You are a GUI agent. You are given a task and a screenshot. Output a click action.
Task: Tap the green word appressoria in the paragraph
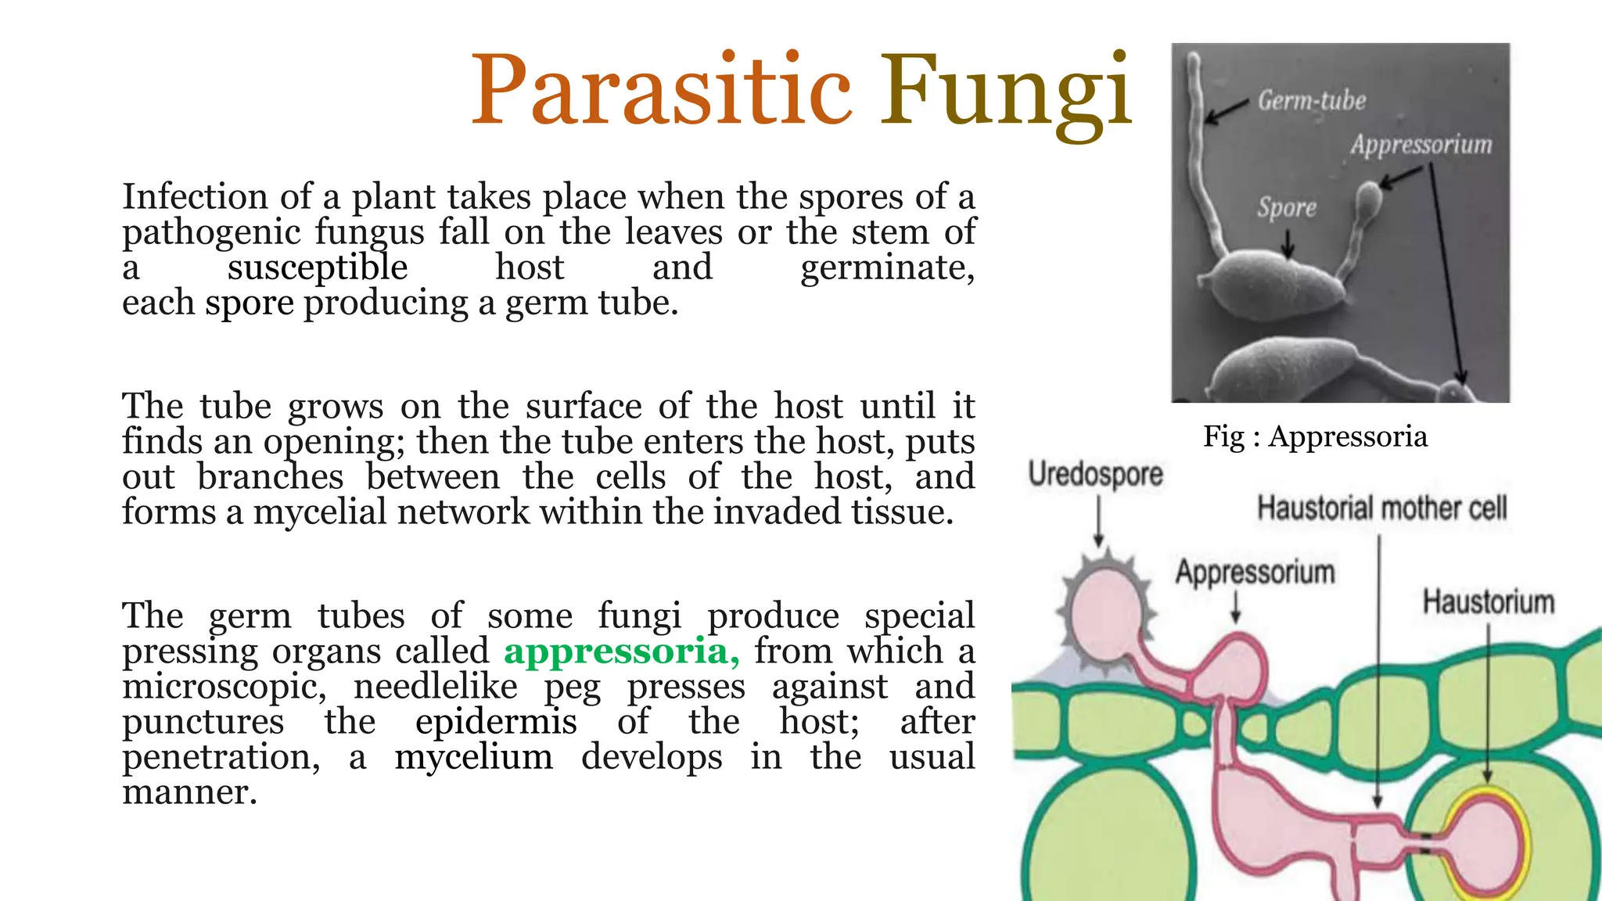(x=621, y=651)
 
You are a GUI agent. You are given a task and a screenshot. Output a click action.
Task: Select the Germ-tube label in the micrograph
(x=1312, y=101)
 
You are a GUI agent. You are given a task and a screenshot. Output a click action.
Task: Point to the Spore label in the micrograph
(x=1287, y=207)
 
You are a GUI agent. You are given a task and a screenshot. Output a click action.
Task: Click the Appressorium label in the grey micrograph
(x=1421, y=145)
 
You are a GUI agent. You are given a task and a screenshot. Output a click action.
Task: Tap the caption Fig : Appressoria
(x=1315, y=436)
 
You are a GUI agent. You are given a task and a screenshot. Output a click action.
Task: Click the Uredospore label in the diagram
(x=1095, y=474)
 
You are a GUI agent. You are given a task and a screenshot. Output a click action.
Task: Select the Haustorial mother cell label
(x=1381, y=508)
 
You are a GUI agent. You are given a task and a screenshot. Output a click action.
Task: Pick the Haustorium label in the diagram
(x=1488, y=602)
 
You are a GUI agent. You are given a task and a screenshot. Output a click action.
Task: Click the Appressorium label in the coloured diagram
(x=1255, y=573)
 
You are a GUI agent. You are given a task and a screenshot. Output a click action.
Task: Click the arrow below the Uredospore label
(x=1098, y=521)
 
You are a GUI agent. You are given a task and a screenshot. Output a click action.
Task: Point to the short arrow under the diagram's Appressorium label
(x=1236, y=607)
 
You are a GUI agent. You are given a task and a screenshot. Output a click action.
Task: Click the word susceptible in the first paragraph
(x=318, y=267)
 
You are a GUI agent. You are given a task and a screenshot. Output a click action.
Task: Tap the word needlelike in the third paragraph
(x=435, y=687)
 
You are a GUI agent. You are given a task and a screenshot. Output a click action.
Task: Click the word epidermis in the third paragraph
(x=496, y=722)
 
